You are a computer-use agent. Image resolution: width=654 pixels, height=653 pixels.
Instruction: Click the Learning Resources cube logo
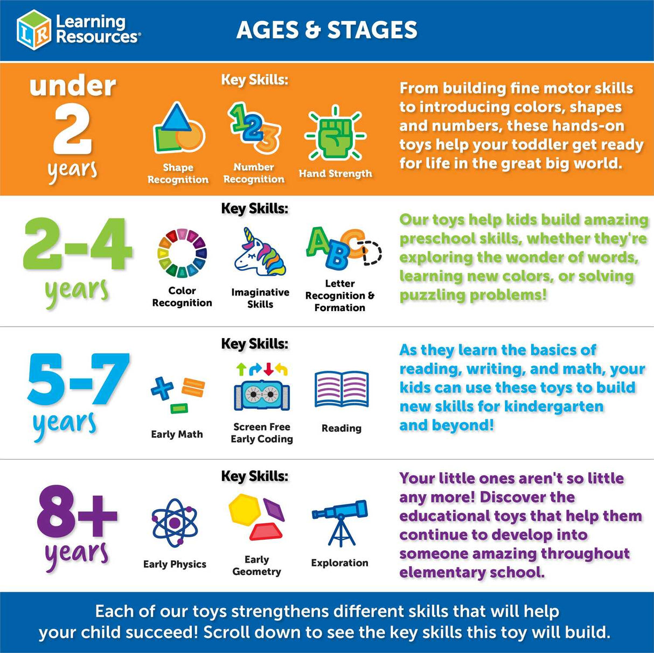click(34, 30)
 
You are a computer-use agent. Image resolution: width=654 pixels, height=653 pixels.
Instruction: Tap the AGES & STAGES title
click(326, 30)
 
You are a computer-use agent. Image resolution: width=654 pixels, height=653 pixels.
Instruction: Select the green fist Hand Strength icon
click(335, 134)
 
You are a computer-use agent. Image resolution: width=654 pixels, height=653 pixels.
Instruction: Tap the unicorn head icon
click(260, 252)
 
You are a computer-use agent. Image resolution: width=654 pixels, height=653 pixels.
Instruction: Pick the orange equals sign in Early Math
click(193, 388)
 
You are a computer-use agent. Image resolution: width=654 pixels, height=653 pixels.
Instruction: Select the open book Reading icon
click(342, 389)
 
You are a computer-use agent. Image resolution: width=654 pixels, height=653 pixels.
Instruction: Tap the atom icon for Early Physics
click(175, 522)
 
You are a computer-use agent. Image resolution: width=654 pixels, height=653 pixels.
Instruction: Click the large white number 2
click(72, 131)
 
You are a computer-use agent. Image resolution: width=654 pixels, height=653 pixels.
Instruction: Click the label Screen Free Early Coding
click(262, 433)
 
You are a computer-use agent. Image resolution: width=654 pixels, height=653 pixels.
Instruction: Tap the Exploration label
click(340, 563)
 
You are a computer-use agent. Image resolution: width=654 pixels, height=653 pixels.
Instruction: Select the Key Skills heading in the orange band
click(254, 80)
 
